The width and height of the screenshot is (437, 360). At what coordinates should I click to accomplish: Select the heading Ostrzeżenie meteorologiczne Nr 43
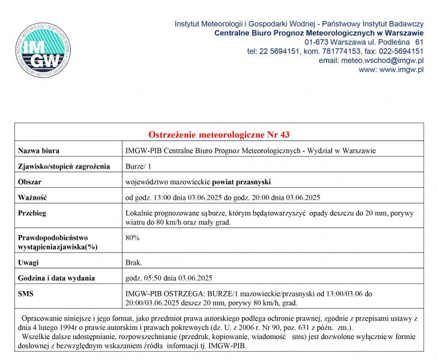point(218,134)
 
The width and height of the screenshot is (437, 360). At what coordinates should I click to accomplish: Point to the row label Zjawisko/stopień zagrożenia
point(64,166)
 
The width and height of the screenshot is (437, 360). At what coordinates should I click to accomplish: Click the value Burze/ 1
point(139,166)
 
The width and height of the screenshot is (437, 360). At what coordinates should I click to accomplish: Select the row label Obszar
point(30,181)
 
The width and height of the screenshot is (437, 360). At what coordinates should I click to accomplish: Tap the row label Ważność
point(32,197)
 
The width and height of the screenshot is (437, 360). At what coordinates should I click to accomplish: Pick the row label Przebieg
point(32,213)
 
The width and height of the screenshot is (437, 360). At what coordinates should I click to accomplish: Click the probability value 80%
point(132,238)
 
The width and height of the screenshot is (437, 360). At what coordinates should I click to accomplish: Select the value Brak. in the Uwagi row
point(134,262)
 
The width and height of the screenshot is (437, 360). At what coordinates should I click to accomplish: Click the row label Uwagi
point(28,262)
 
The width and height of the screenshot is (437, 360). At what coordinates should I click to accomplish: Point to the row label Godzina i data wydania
point(56,278)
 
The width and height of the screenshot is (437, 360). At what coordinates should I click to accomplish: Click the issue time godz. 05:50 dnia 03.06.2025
point(168,278)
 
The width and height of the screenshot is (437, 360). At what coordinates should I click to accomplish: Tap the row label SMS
point(26,293)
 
